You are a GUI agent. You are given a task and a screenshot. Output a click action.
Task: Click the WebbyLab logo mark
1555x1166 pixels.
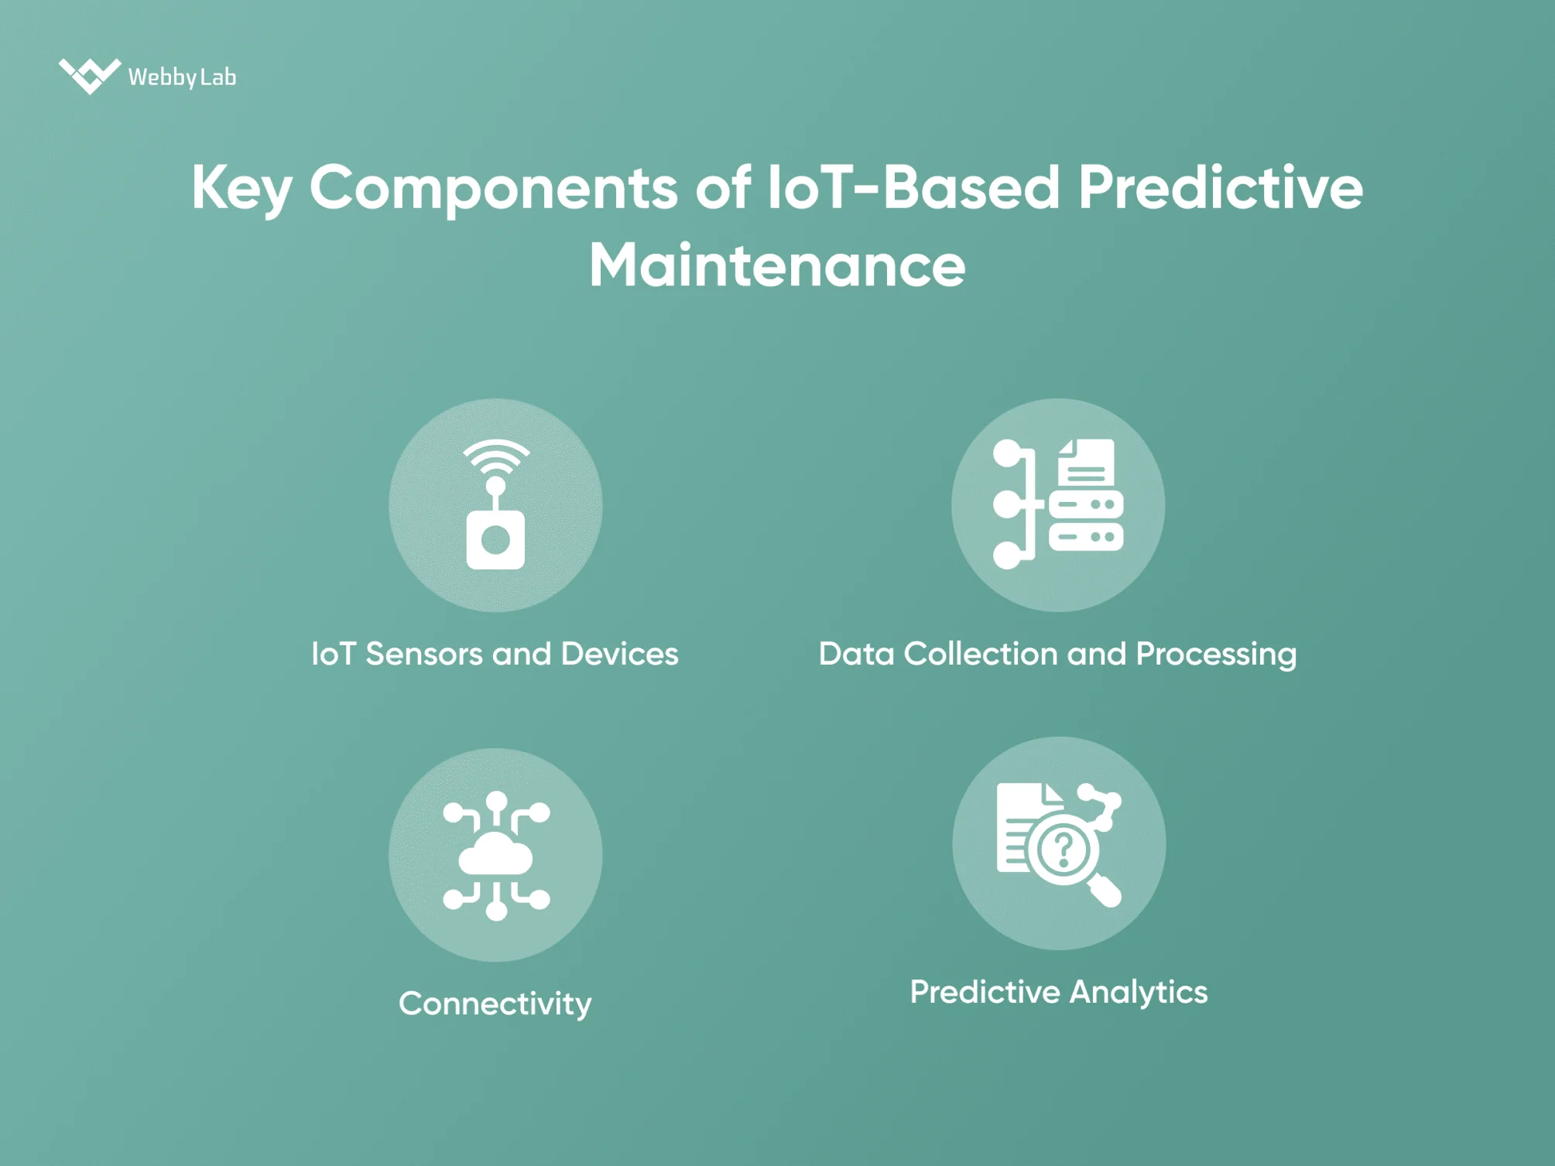point(89,76)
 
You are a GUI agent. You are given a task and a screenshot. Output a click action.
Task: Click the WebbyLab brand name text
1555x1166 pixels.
point(182,77)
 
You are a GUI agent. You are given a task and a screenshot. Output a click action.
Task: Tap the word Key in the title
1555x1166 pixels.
point(241,189)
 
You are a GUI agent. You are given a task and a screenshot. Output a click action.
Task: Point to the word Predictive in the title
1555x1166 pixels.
point(1220,189)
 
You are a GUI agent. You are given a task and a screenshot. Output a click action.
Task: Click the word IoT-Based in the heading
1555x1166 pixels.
point(913,189)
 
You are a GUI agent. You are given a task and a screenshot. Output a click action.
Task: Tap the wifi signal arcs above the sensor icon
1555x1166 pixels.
point(496,456)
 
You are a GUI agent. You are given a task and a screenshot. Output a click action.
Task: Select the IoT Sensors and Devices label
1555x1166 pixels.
point(495,655)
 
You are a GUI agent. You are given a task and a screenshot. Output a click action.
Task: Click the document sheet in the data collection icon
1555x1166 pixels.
point(1087,463)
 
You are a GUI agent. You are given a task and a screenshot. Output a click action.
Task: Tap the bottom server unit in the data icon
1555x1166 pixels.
point(1086,536)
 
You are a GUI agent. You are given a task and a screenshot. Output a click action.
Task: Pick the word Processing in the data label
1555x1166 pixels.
point(1216,655)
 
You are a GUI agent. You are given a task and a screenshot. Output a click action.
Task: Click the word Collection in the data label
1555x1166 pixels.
point(981,655)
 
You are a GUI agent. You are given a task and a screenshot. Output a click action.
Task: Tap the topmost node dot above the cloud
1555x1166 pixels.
point(496,801)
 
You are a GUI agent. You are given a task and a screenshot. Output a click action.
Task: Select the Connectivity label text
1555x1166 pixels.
point(495,1004)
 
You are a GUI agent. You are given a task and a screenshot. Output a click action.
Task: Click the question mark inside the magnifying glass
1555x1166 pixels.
point(1063,849)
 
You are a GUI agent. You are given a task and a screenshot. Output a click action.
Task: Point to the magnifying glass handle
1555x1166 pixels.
point(1105,891)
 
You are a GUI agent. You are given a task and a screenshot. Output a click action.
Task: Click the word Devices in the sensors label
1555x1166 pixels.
point(619,655)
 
